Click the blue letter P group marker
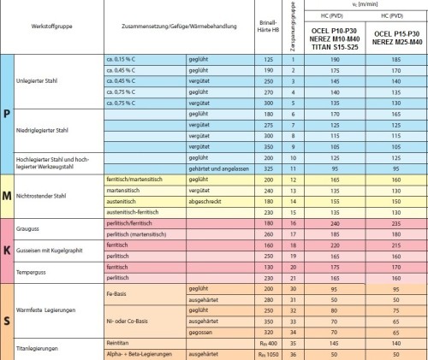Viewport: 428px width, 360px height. click(7, 115)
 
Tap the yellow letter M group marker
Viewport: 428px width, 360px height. click(7, 196)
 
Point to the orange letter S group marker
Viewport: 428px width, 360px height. click(7, 320)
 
